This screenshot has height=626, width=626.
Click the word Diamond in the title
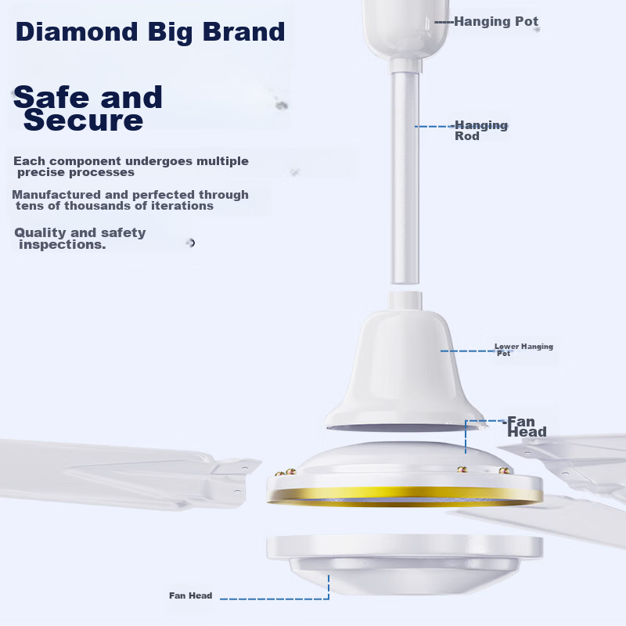[77, 31]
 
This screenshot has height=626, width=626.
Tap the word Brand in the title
[243, 31]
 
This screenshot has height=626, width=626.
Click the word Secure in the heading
[83, 121]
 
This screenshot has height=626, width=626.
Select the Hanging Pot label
[496, 21]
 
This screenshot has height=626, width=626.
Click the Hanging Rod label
[481, 131]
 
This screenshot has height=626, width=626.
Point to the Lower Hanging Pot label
[523, 349]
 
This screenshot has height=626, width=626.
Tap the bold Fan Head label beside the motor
[526, 426]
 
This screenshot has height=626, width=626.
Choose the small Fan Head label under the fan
[190, 595]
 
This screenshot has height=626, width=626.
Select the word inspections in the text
[63, 244]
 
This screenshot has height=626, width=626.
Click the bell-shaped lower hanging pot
[405, 369]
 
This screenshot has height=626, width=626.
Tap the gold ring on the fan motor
[405, 496]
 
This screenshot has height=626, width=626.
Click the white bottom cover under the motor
[405, 563]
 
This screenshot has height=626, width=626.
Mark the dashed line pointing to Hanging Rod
[435, 127]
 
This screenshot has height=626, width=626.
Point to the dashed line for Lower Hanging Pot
[468, 351]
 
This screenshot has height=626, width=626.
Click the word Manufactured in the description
[56, 195]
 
